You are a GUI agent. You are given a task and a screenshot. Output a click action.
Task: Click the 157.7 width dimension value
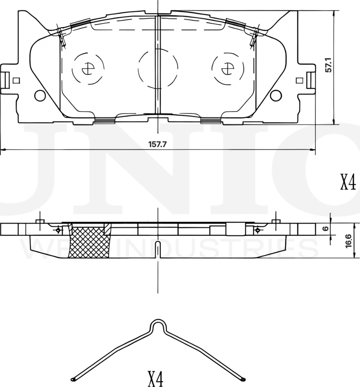tap(158, 144)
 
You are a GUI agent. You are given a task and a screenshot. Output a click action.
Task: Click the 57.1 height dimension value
tap(329, 65)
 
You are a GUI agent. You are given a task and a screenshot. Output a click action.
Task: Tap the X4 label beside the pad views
tap(348, 182)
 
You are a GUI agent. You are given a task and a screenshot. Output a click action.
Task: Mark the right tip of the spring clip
tap(243, 379)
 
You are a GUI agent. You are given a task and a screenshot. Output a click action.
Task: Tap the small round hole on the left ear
tap(40, 95)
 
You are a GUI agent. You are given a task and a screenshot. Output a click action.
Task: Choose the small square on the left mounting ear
tap(16, 80)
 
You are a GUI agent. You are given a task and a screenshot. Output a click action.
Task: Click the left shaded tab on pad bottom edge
tap(105, 121)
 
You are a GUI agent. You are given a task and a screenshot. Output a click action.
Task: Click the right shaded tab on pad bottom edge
tap(211, 121)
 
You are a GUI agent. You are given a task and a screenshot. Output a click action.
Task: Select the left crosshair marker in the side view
tap(58, 230)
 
